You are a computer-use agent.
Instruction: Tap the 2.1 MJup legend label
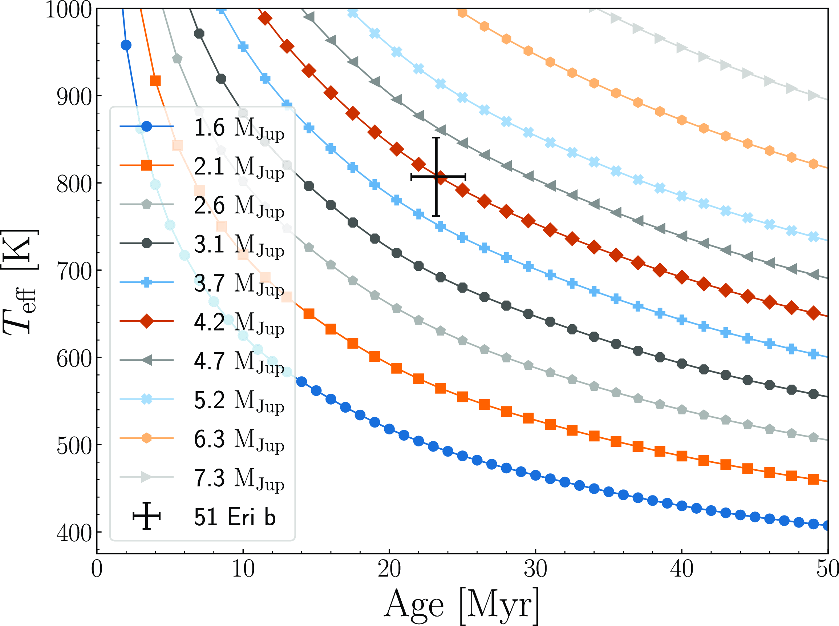coord(239,168)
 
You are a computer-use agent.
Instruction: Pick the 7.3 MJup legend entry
coord(202,479)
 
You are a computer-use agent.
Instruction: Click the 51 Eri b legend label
coord(235,517)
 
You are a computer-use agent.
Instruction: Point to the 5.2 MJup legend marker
coord(146,400)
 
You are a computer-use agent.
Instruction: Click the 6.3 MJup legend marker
coord(146,438)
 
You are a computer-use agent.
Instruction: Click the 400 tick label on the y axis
coord(74,534)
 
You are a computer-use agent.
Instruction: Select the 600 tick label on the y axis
coord(74,359)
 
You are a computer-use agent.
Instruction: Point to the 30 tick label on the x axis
coord(535,569)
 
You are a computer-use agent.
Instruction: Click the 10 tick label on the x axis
coord(243,569)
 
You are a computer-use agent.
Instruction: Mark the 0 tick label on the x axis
coord(97,569)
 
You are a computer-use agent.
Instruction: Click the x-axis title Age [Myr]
coord(461,605)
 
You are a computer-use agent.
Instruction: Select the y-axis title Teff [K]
coord(20,282)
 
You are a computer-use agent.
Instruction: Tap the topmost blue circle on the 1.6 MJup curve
coord(126,45)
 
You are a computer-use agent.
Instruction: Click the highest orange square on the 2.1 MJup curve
coord(155,81)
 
